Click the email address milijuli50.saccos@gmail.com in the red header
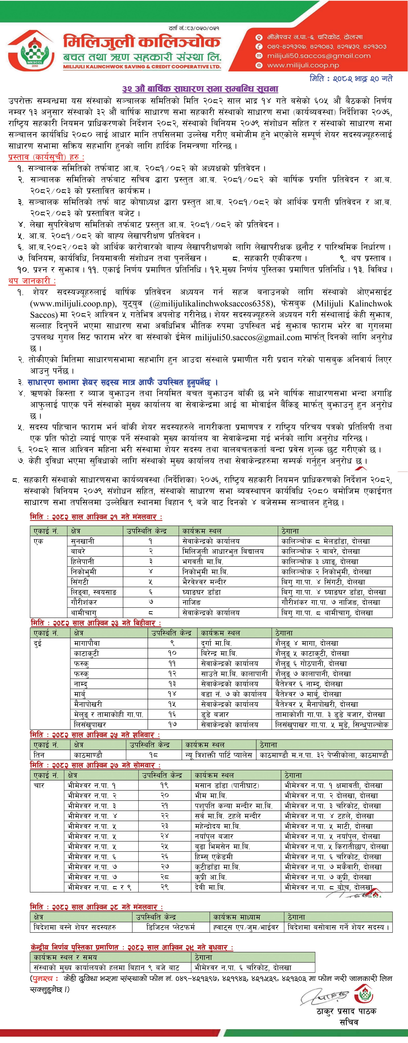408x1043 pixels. (318, 56)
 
